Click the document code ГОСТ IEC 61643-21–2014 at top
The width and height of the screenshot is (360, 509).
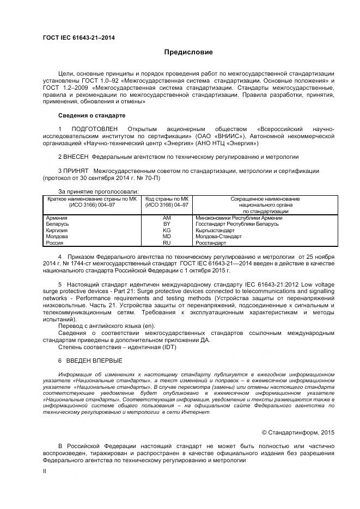coord(78,38)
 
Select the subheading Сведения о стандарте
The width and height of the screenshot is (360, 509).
coord(91,115)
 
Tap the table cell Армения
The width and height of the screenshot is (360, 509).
coord(57,218)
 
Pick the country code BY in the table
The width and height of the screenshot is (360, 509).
coord(167,224)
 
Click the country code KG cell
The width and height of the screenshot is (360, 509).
coord(167,230)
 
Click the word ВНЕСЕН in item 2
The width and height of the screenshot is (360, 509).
coord(76,157)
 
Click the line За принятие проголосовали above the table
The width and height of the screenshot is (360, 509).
coord(99,191)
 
